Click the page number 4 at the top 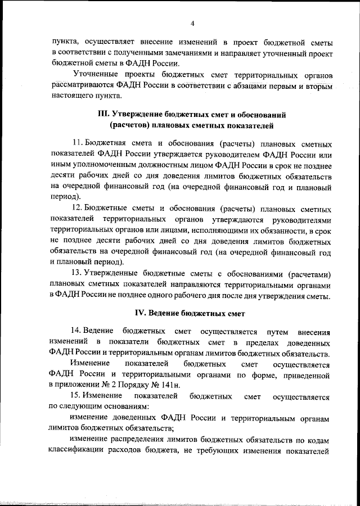tap(192, 23)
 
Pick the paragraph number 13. tap(78, 273)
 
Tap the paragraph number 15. tap(78, 397)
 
